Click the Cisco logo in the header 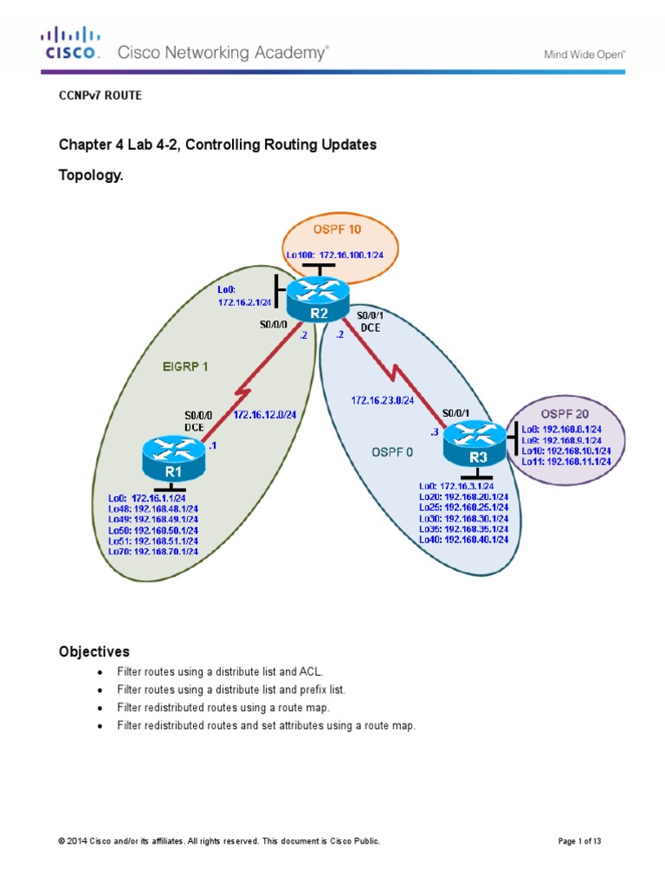click(x=71, y=45)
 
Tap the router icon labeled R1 click(x=173, y=458)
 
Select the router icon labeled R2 click(x=317, y=296)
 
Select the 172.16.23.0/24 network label click(x=382, y=400)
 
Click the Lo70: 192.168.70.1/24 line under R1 click(x=153, y=551)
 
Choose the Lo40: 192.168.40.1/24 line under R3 click(x=463, y=539)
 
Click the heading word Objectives click(x=94, y=651)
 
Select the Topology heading click(x=91, y=175)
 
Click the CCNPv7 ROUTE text click(x=99, y=96)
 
